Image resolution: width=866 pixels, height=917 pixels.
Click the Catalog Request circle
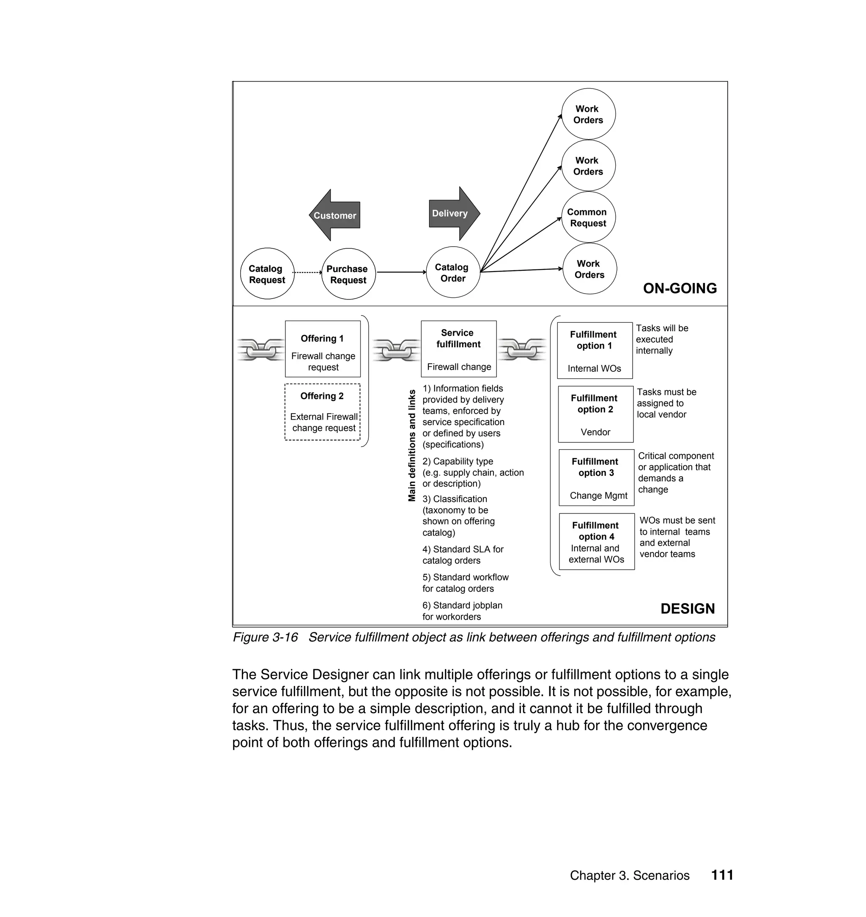267,274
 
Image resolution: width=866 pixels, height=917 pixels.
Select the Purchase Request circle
348,274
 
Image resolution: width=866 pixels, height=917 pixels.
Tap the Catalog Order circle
452,272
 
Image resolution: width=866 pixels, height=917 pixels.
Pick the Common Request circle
588,217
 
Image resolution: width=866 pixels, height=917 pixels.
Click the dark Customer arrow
334,215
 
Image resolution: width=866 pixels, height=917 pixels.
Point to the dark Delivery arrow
454,213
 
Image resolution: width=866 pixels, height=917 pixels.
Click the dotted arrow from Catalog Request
307,272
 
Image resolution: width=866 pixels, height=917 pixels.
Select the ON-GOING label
680,288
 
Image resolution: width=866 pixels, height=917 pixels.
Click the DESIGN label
688,609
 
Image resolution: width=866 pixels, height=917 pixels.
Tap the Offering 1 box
323,349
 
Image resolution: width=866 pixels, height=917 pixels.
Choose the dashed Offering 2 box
322,412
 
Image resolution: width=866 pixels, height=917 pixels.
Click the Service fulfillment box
458,349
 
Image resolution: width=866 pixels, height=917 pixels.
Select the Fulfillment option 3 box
596,478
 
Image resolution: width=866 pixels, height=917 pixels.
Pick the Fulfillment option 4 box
596,541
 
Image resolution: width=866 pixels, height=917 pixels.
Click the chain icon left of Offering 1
261,349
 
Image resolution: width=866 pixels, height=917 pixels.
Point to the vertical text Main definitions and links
412,445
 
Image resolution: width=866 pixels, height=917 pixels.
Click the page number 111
722,875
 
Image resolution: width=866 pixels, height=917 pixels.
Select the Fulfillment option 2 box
595,414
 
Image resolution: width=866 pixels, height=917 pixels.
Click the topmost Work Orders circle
588,114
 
